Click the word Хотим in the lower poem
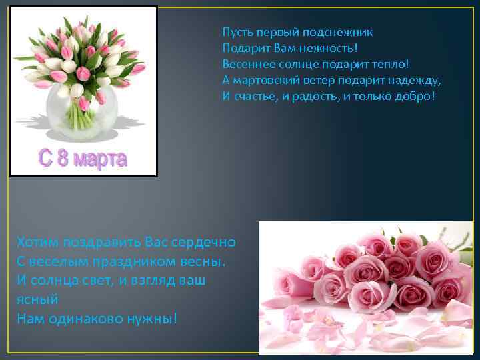click(x=38, y=241)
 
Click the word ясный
click(x=37, y=299)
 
